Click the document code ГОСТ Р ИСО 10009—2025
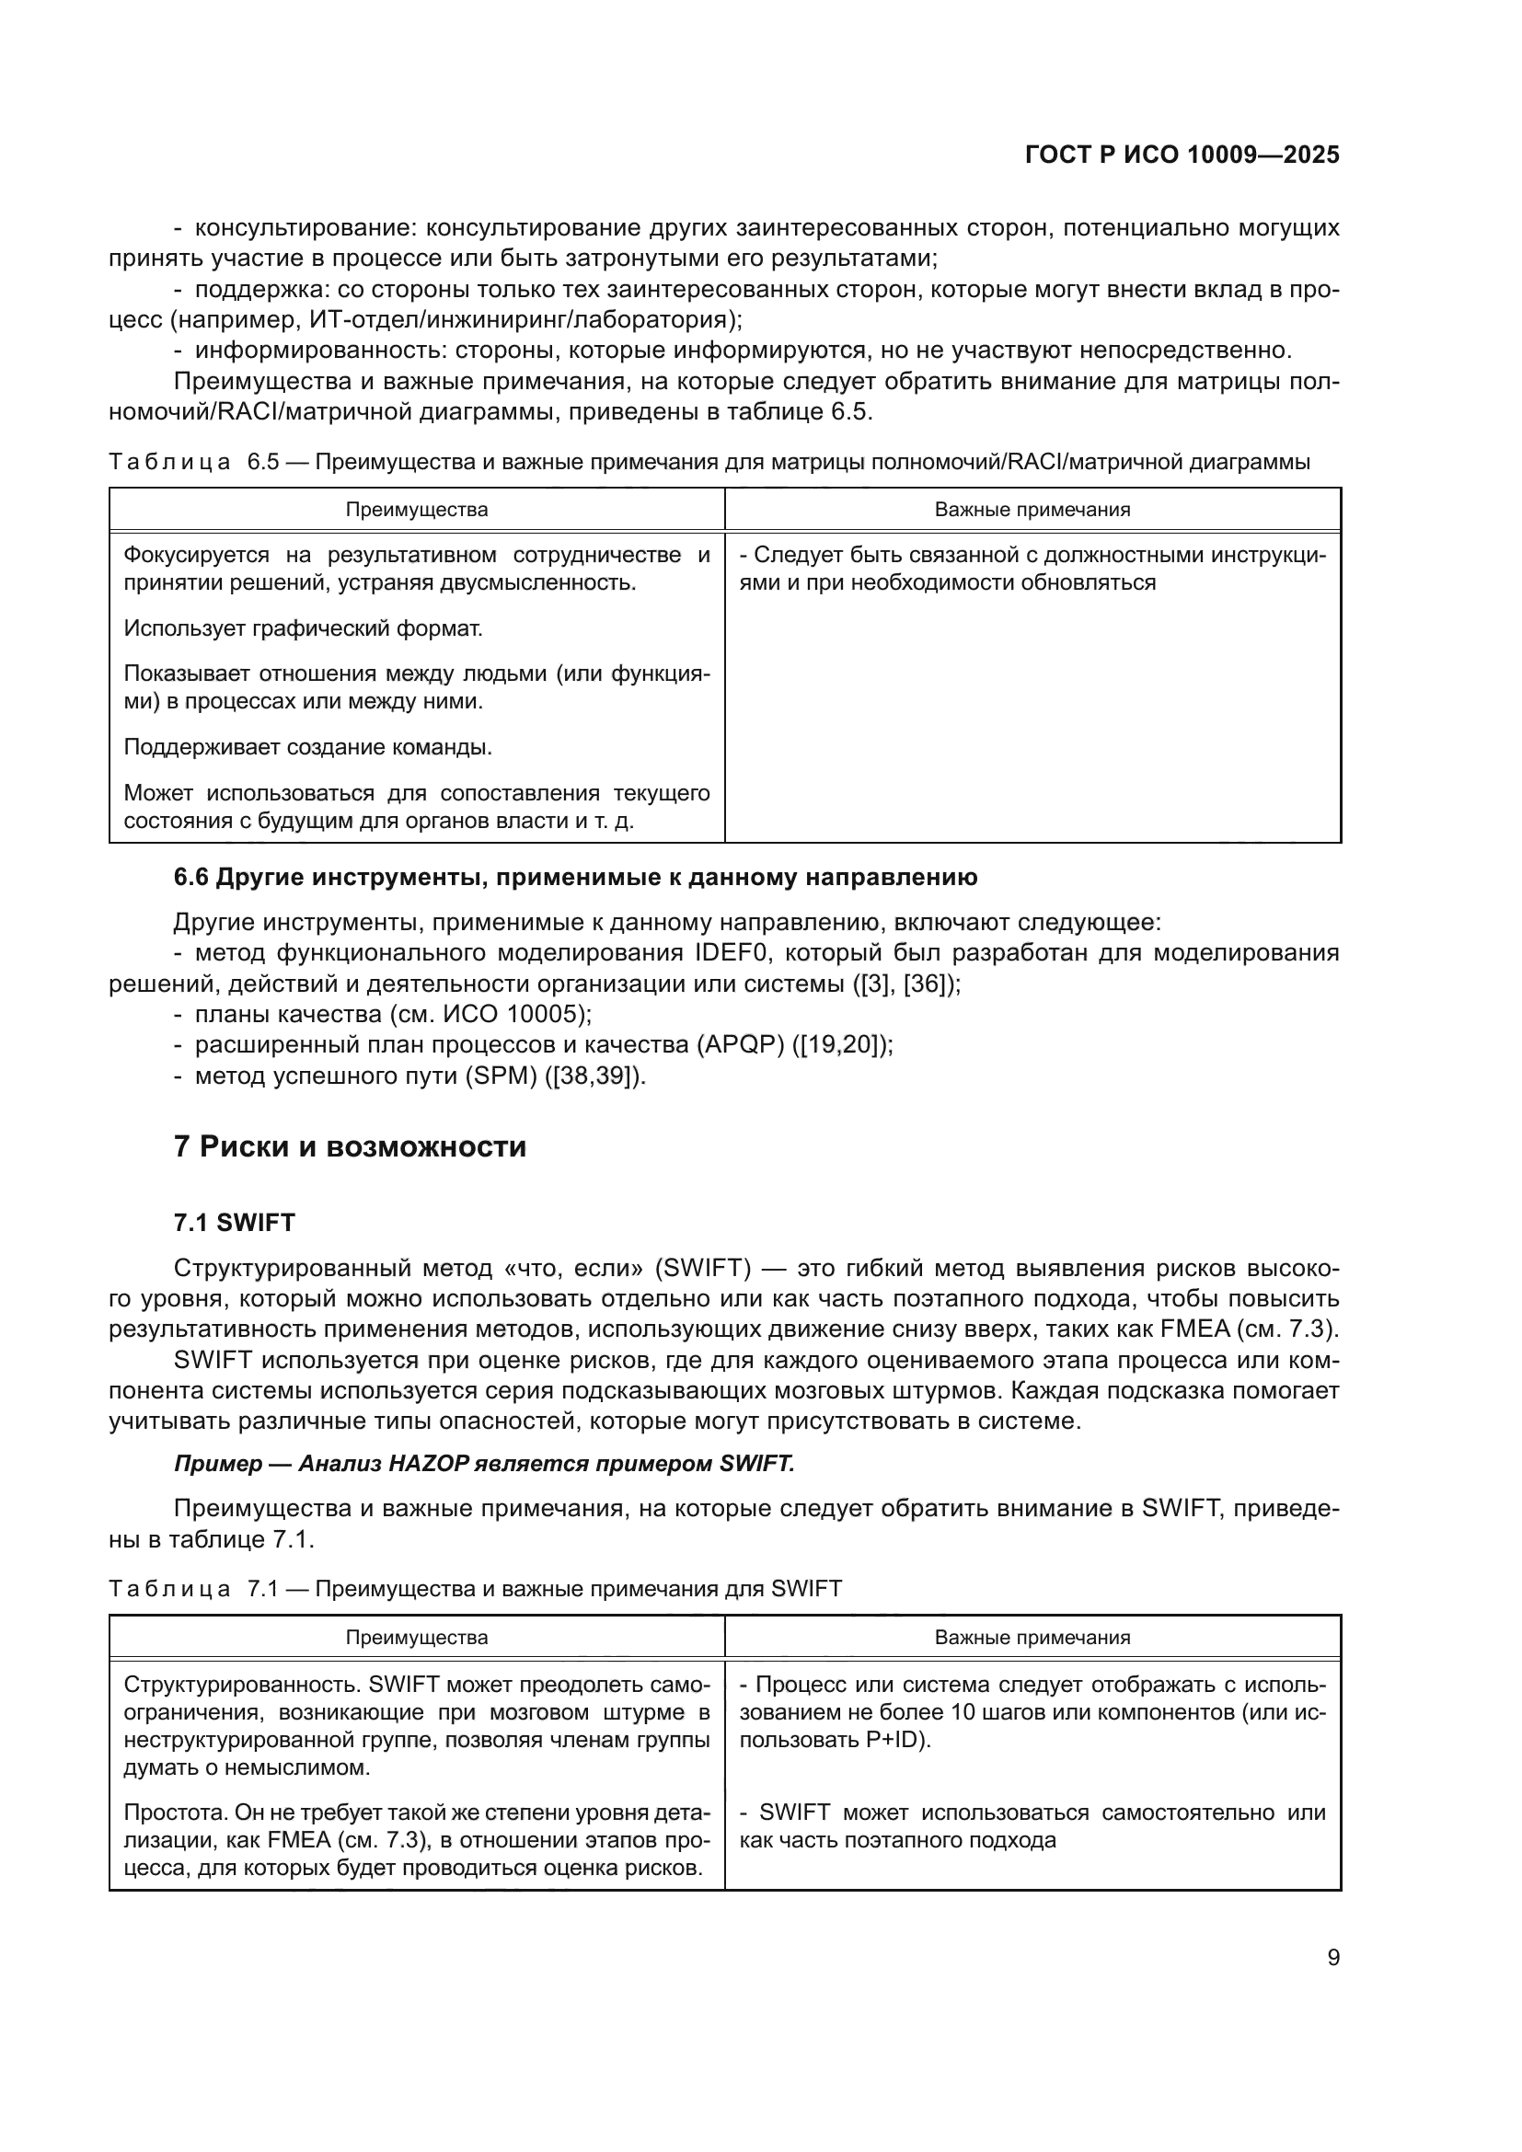click(1182, 155)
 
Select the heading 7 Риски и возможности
click(350, 1146)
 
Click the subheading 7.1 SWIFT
click(235, 1222)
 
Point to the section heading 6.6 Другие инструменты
click(575, 878)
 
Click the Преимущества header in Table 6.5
click(416, 510)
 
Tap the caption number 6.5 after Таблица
click(263, 462)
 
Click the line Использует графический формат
click(303, 628)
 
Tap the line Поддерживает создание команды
click(307, 747)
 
